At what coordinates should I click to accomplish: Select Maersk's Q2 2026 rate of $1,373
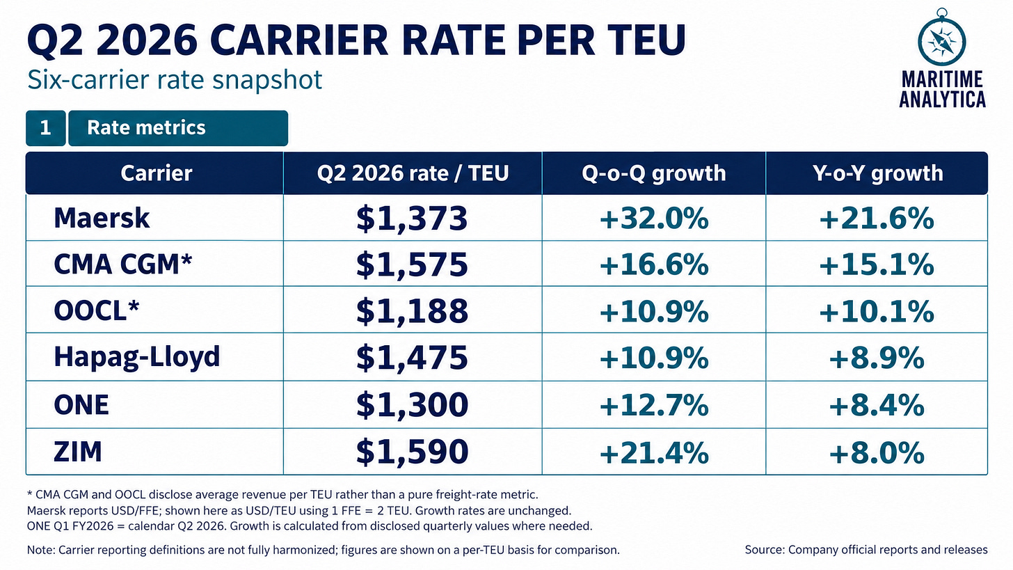coord(412,219)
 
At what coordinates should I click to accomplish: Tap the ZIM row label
coord(78,452)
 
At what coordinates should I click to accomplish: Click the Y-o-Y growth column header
coord(877,173)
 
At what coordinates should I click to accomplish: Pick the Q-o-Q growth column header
coord(654,174)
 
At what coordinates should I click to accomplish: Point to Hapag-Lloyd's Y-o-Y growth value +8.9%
coord(877,358)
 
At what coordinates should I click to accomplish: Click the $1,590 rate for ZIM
coord(412,452)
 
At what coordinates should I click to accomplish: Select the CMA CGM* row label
coord(123,264)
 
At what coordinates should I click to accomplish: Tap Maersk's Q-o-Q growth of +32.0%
coord(654,219)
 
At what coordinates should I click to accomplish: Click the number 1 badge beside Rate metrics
coord(46,128)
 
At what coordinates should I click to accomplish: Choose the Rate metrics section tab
coord(178,128)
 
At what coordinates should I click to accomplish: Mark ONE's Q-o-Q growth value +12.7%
coord(654,405)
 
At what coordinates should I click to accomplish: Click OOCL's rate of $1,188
coord(412,311)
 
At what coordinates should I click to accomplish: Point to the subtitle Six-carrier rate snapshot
coord(175,80)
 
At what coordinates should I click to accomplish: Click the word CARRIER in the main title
coord(299,40)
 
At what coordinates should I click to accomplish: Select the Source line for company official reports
coord(866,550)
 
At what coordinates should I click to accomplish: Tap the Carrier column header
coord(157,173)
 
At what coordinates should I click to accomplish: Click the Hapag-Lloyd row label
coord(137,358)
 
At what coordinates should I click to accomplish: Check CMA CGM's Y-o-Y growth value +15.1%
coord(877,265)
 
